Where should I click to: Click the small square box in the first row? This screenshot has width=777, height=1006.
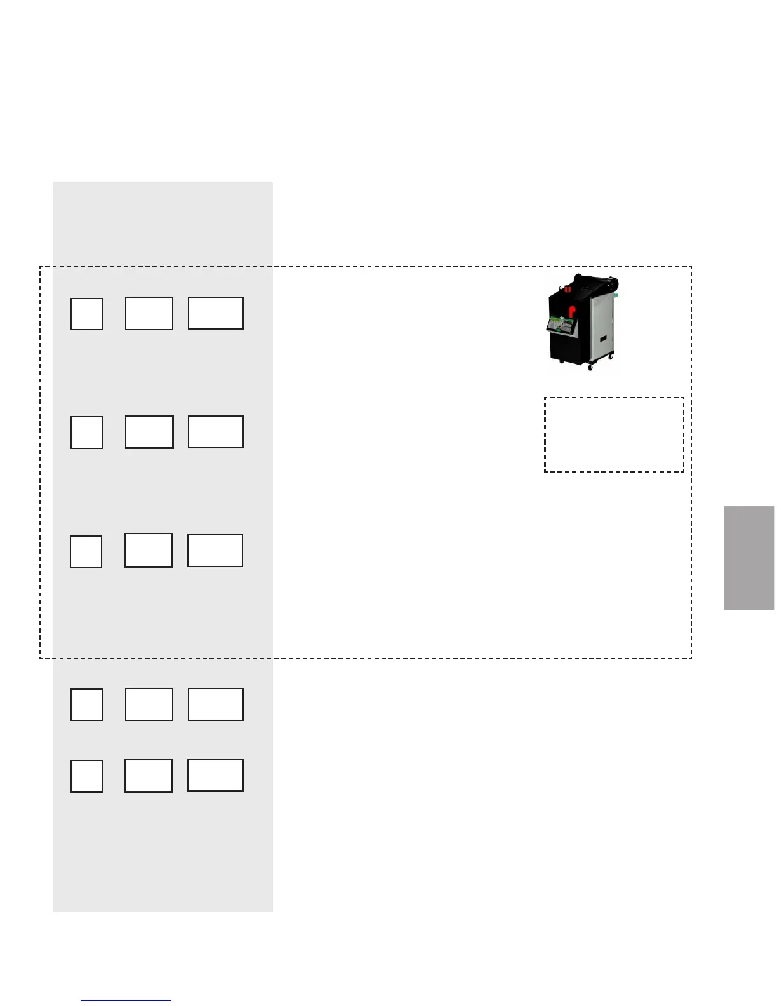tap(86, 314)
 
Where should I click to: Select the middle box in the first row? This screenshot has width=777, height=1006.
tap(149, 313)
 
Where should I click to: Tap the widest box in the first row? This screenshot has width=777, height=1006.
tap(216, 313)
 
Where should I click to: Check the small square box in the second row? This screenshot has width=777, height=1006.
tap(87, 433)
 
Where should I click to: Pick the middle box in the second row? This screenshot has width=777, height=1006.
tap(149, 432)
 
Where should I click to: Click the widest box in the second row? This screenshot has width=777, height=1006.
tap(216, 432)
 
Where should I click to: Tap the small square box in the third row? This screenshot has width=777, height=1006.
tap(86, 551)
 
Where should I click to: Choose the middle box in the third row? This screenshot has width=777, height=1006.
tap(149, 550)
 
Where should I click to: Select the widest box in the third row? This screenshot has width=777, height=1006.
tap(215, 550)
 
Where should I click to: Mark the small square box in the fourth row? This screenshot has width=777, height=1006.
tap(86, 705)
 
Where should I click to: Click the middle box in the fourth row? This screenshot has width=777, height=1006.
tap(149, 704)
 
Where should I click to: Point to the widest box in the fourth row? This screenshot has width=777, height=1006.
tap(216, 704)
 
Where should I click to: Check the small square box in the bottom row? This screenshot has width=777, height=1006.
tap(86, 775)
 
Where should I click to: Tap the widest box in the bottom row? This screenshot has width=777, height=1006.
tap(215, 775)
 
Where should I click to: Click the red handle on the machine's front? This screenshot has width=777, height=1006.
tap(572, 311)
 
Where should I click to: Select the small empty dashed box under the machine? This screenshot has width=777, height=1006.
tap(614, 435)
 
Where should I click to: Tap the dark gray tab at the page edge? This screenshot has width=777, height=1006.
tap(749, 558)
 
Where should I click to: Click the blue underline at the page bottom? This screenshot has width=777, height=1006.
tap(126, 1001)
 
